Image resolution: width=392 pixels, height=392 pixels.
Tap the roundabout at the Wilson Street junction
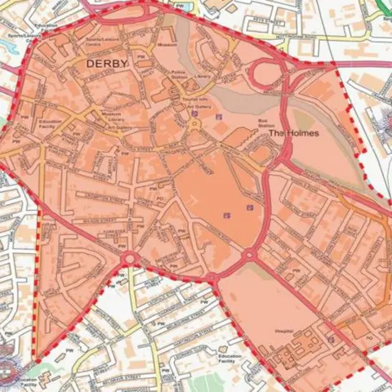coord(129,260)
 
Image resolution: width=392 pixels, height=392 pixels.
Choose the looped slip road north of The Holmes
coord(270,75)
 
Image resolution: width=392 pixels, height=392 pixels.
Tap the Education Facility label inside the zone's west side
coord(49,125)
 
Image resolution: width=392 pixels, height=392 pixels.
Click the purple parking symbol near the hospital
coord(330,336)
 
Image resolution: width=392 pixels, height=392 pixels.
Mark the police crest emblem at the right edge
coord(384,114)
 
